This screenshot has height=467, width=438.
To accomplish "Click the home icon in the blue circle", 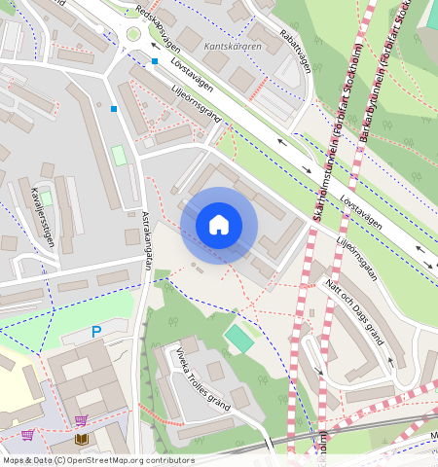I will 219,225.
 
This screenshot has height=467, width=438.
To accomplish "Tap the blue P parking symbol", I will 96,333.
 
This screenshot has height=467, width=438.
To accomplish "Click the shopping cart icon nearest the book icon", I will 81,420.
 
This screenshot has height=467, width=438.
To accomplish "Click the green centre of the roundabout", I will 132,36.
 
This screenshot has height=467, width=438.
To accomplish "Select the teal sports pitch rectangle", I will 237,340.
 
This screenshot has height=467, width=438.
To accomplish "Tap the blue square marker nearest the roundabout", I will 154,61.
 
